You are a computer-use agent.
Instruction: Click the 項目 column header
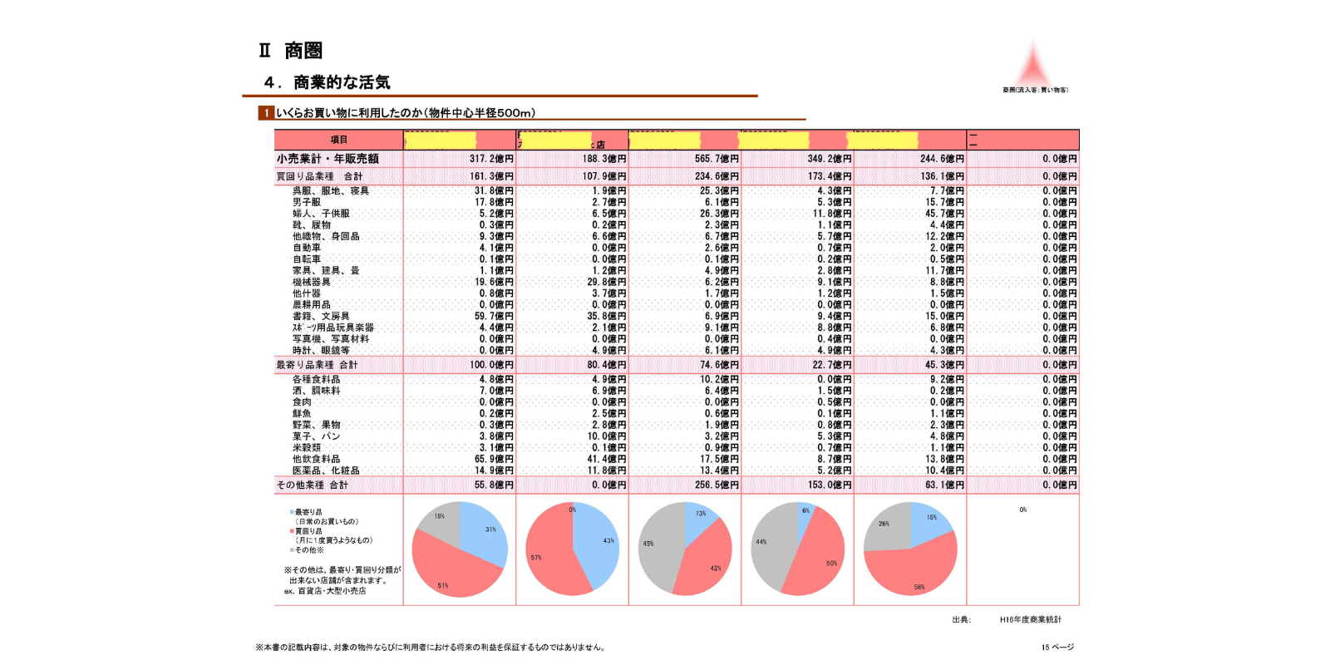click(338, 140)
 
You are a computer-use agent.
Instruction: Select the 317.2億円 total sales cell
click(491, 159)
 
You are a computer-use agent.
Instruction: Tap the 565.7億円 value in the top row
click(717, 159)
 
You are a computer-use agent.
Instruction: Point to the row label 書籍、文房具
click(320, 316)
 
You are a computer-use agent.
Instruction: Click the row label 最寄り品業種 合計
click(317, 365)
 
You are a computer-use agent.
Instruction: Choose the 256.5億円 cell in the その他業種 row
click(717, 485)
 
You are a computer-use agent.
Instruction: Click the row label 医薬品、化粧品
click(325, 470)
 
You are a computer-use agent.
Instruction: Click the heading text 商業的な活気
click(341, 82)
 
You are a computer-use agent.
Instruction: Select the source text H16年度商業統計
click(1030, 619)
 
